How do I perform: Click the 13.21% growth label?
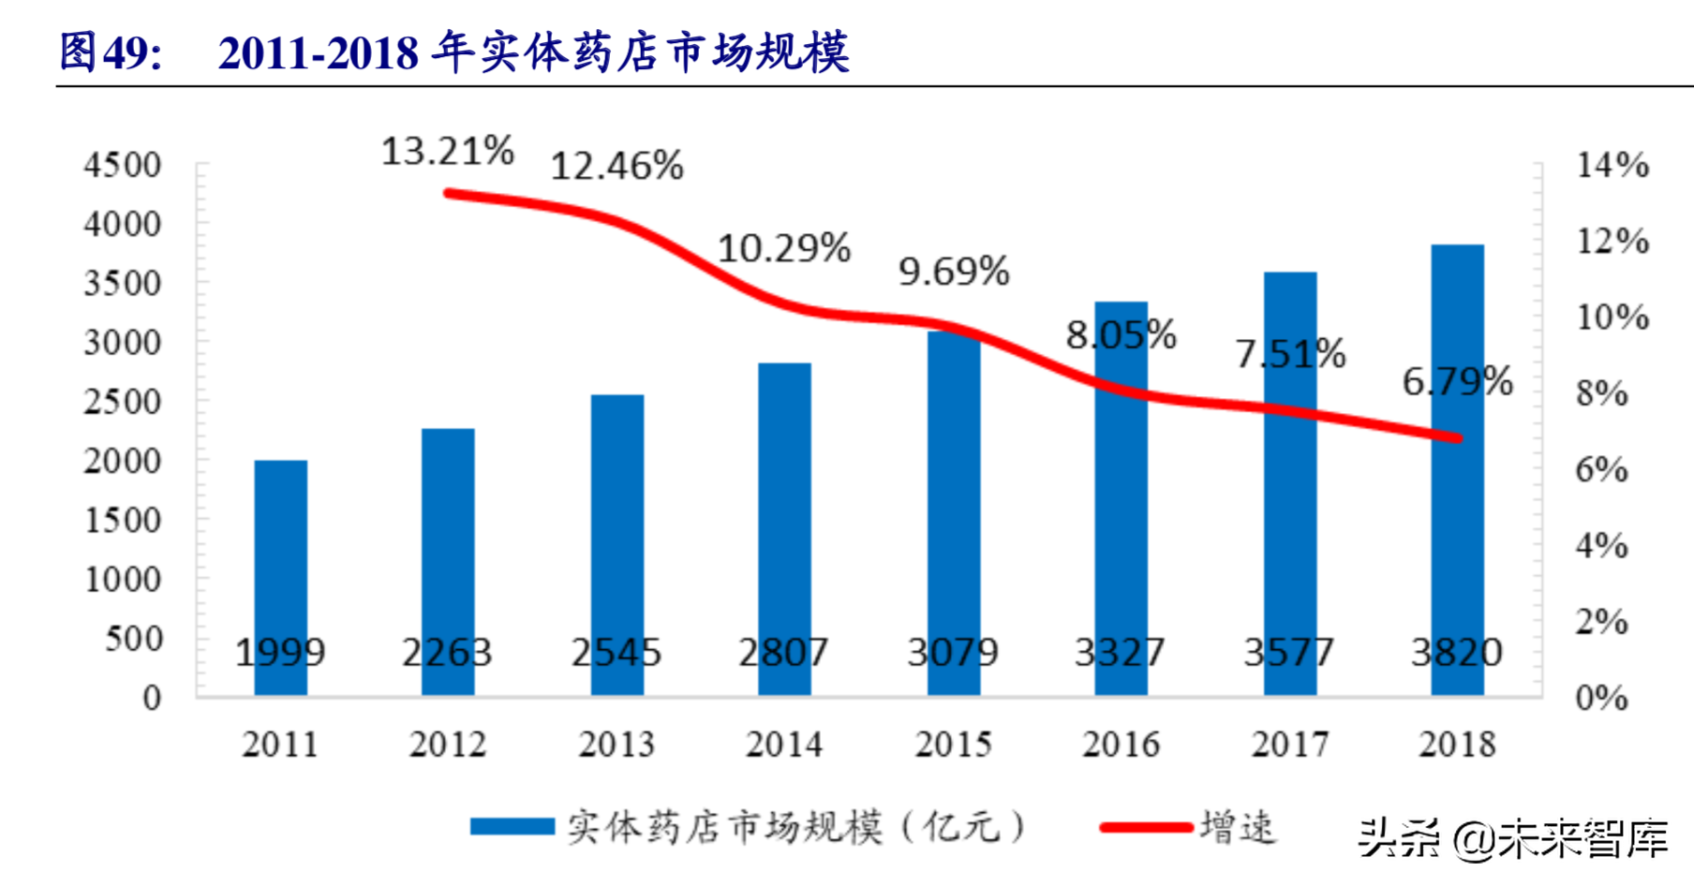[447, 151]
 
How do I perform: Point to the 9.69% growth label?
[954, 272]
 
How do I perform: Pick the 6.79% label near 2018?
[1457, 381]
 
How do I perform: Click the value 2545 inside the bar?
[617, 652]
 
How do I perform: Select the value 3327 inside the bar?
[1120, 652]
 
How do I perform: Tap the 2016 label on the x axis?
[1121, 745]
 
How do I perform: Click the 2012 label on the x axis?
[448, 745]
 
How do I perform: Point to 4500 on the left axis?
[122, 165]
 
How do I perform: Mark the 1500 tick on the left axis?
[122, 520]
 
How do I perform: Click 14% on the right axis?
[1612, 165]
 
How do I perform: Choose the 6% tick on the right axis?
[1601, 469]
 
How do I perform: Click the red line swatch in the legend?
[1145, 827]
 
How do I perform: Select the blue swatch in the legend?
[512, 827]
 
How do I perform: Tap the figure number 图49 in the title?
[110, 51]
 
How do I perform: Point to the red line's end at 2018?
[1457, 437]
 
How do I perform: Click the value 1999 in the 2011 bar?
[280, 652]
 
